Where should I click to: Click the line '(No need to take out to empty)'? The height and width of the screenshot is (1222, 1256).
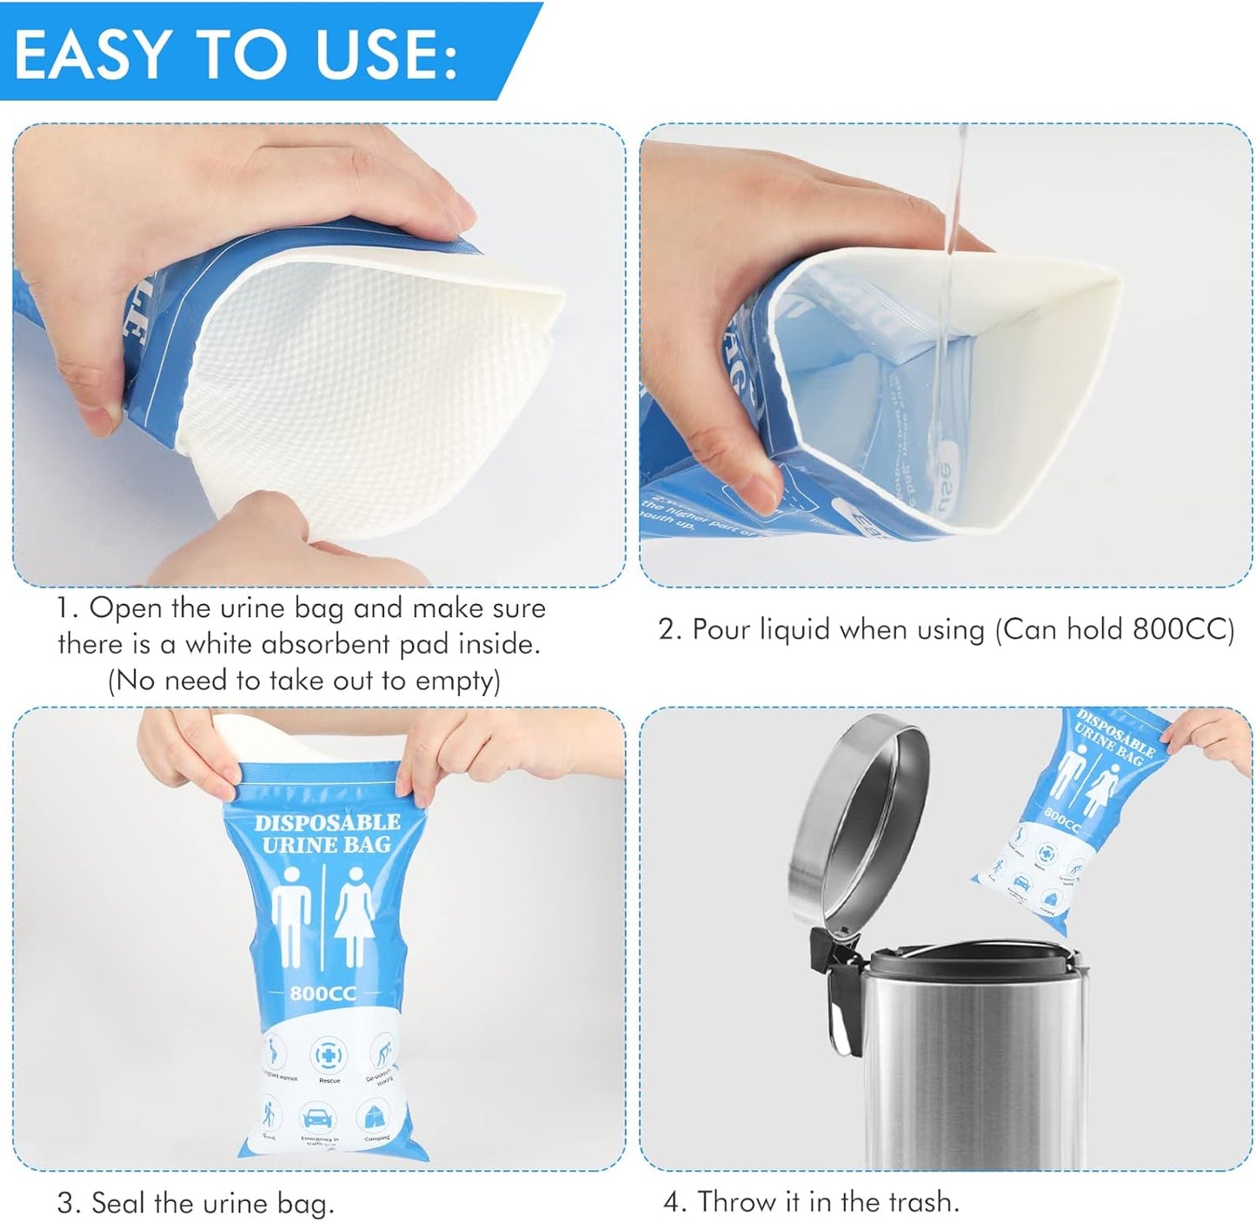click(303, 681)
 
